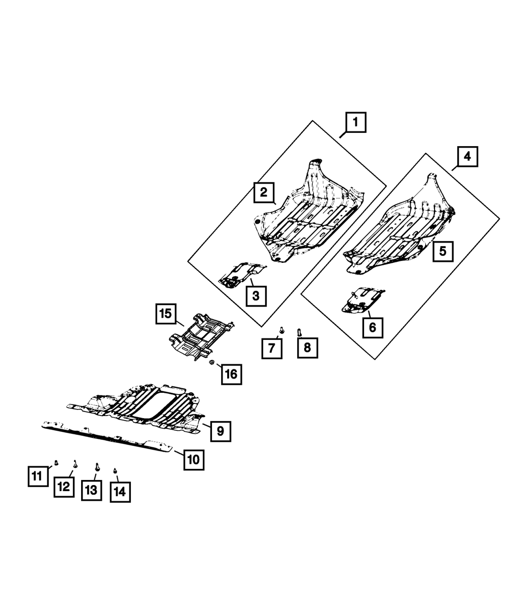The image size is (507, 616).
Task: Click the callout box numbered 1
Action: pos(355,122)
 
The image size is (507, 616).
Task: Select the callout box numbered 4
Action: pos(467,157)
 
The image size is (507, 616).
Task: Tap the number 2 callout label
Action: pos(264,192)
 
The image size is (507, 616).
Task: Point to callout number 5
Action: pos(443,251)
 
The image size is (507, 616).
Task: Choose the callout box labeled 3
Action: pos(256,295)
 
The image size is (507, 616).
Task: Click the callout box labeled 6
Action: pos(373,327)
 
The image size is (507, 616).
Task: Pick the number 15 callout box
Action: pos(166,314)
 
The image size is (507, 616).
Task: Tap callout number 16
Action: pos(231,374)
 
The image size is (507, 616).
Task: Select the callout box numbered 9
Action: pos(221,431)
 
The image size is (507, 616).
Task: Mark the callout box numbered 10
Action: pos(194,460)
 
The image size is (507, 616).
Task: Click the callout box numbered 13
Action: pos(91,490)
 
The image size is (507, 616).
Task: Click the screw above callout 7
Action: pos(281,330)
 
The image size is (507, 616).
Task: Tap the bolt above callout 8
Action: pos(299,332)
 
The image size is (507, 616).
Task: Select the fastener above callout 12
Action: pos(75,463)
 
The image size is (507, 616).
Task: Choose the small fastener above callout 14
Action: pos(115,470)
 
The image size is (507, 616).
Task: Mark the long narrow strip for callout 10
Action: pos(106,435)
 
